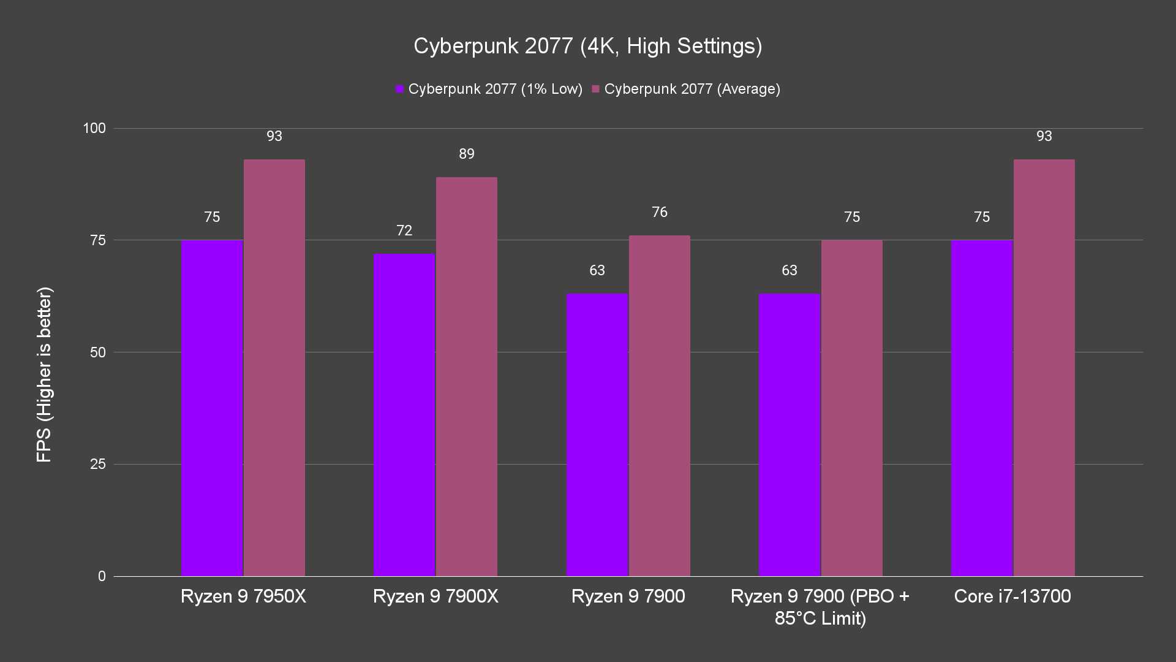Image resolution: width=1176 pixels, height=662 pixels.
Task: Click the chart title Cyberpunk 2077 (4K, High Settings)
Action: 587,46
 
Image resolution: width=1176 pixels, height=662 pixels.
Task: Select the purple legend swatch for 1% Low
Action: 400,89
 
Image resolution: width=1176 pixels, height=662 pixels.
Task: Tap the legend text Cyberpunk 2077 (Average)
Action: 692,89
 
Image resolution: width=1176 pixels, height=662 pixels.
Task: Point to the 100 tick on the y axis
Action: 94,128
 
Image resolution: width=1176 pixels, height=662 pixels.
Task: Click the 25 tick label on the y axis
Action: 98,464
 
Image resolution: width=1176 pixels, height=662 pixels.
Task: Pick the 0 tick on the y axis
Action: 102,576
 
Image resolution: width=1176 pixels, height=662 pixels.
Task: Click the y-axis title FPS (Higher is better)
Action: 44,375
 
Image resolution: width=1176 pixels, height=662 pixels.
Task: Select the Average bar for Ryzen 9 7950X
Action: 274,368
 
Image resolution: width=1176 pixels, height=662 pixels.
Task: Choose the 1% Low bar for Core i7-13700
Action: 982,408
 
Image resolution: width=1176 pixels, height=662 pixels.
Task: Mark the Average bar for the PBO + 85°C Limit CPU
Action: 851,408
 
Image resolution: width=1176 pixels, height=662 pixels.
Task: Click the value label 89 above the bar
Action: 467,154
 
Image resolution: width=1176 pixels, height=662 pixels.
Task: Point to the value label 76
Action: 660,212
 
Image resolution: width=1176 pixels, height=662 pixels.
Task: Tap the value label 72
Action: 404,230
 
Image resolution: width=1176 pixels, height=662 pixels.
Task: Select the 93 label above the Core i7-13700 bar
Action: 1044,136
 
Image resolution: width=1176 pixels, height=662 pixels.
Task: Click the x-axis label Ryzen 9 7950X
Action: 243,596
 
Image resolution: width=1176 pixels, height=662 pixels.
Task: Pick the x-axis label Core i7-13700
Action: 1012,596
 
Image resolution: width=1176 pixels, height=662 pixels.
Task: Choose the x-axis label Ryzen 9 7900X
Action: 435,596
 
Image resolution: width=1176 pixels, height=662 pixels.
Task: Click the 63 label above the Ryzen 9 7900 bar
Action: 597,270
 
